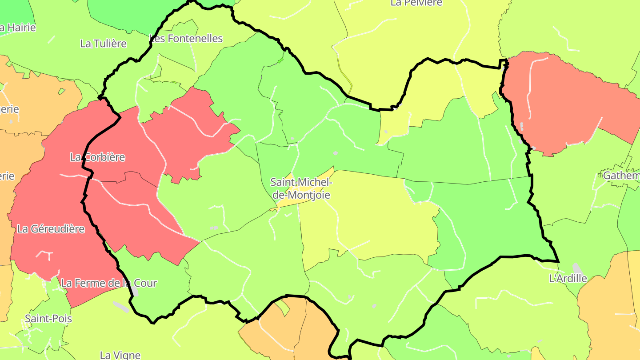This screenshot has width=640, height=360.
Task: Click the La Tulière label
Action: (103, 44)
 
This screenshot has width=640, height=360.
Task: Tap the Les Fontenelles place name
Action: (186, 39)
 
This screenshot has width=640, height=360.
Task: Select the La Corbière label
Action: (97, 157)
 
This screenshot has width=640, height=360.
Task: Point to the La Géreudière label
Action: (51, 229)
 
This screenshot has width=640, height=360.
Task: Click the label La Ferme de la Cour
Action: (108, 283)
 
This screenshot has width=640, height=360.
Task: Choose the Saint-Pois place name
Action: (48, 319)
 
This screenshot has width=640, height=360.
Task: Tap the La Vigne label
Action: (120, 355)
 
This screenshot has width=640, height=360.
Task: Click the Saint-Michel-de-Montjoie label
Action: (301, 188)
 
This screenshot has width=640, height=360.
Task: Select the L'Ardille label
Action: (568, 279)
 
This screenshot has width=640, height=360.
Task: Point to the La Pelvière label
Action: (416, 3)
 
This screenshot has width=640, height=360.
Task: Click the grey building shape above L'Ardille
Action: (577, 268)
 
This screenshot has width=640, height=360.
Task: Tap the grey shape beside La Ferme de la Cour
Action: (135, 291)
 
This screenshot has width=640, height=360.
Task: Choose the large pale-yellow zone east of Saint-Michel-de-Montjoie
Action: (378, 213)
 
